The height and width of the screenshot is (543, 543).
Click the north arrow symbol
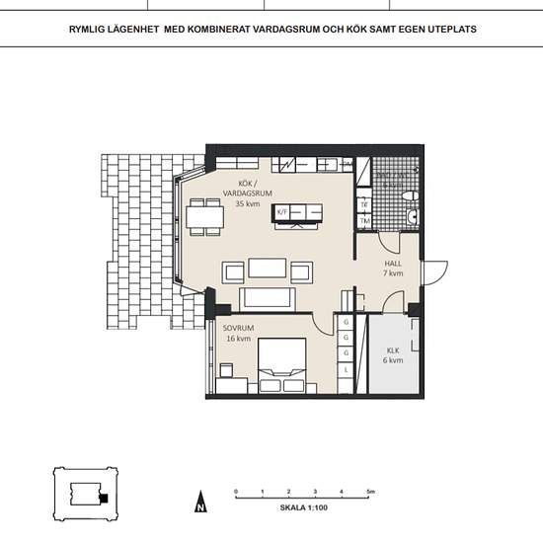tap(199, 503)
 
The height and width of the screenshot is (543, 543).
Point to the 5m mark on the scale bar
tap(370, 491)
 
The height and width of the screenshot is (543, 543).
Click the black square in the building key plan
tap(102, 498)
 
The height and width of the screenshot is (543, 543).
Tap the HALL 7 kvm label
tap(394, 269)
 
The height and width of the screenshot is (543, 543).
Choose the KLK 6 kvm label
tap(393, 355)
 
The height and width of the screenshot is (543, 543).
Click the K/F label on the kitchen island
tap(281, 211)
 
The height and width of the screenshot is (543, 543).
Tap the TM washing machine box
tap(364, 221)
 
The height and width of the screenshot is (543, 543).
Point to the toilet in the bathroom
tap(414, 215)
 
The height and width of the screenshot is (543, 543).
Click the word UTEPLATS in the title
tap(451, 30)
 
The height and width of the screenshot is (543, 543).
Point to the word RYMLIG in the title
tap(90, 30)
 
